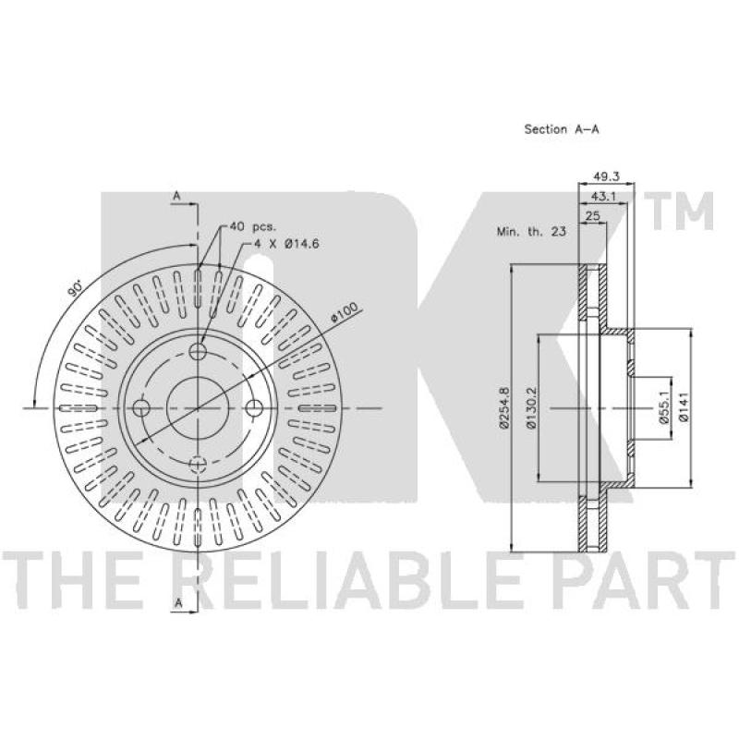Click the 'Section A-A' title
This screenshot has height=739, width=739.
pyautogui.click(x=562, y=129)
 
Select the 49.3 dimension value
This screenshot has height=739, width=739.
pyautogui.click(x=606, y=176)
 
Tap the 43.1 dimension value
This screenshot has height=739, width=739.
pyautogui.click(x=604, y=196)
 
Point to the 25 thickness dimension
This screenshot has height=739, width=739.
pyautogui.click(x=592, y=216)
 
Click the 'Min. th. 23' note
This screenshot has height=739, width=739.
pyautogui.click(x=531, y=232)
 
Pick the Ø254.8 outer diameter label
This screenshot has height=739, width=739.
pyautogui.click(x=504, y=407)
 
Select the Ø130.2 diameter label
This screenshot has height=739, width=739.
pyautogui.click(x=532, y=407)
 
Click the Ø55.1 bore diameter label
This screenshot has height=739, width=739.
pyautogui.click(x=664, y=408)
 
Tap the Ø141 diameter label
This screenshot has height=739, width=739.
pyautogui.click(x=684, y=406)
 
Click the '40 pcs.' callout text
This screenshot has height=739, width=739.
pyautogui.click(x=252, y=226)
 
